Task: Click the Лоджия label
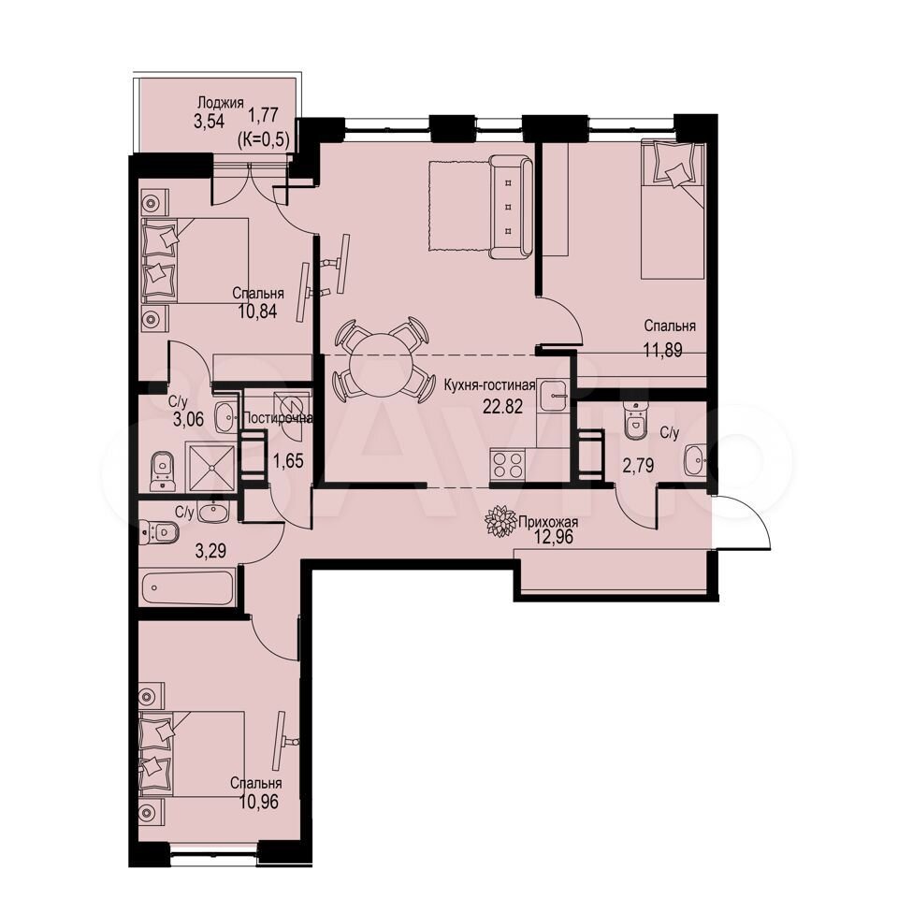tap(221, 103)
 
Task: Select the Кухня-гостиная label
tap(489, 385)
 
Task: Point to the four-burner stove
tap(508, 464)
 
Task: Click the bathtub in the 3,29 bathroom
tap(188, 587)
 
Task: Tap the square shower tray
tap(212, 466)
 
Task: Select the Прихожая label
tap(548, 522)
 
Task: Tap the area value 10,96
tap(258, 801)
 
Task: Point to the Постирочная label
tap(279, 418)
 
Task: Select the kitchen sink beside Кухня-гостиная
tap(552, 395)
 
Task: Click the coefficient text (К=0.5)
tap(263, 139)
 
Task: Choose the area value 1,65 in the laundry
tap(287, 460)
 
